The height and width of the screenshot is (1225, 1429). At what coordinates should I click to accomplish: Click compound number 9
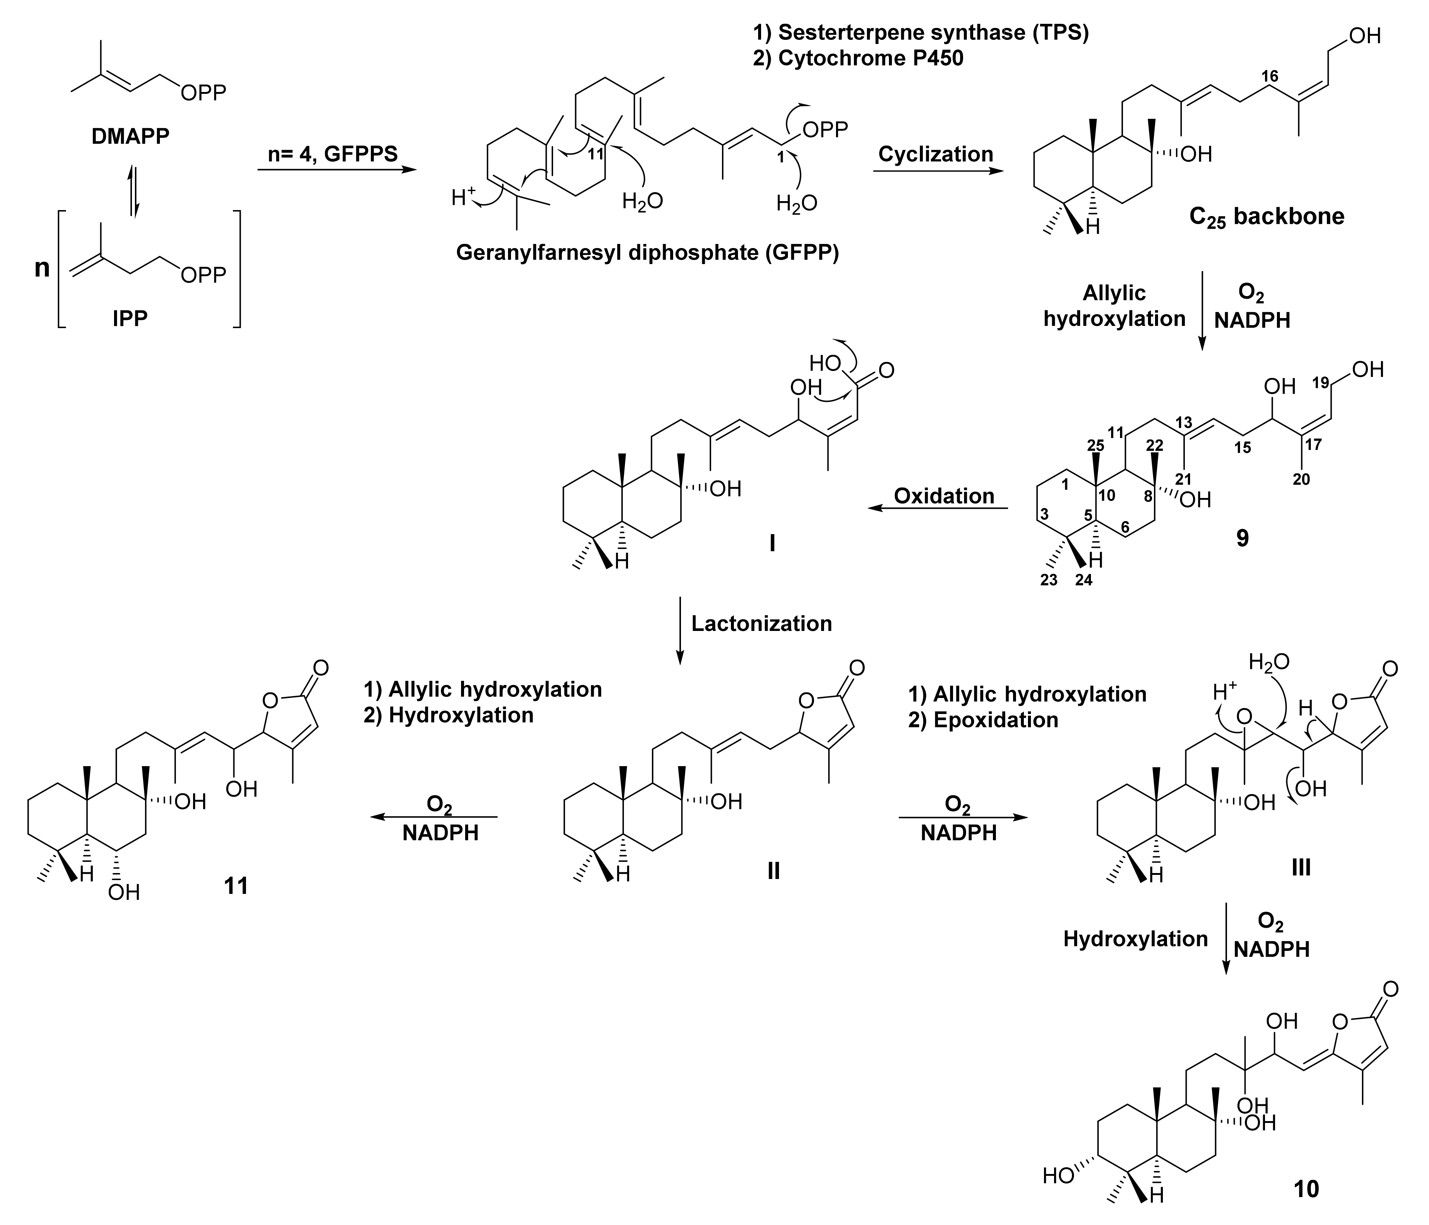[1242, 538]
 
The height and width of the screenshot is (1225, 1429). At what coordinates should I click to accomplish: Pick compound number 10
[1306, 1189]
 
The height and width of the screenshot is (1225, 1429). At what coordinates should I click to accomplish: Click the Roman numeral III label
[1301, 867]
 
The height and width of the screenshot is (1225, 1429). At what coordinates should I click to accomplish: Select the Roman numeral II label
[773, 871]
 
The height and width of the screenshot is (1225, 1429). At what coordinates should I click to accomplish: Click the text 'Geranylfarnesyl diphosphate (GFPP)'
[647, 253]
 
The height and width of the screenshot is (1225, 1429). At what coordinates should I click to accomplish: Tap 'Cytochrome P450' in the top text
[870, 58]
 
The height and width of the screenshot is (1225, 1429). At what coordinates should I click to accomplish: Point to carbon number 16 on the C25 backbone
[1270, 76]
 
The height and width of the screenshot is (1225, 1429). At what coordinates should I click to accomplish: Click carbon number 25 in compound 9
[1095, 446]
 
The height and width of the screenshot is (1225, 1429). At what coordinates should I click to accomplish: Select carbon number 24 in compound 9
[1083, 580]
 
